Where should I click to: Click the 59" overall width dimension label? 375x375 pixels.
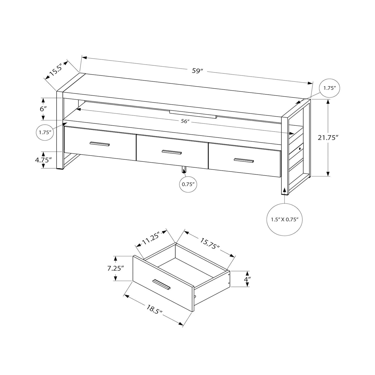point(197,71)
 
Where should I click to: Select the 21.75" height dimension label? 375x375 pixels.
point(328,137)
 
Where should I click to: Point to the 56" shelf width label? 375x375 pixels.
point(185,121)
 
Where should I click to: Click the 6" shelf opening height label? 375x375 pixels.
point(43,109)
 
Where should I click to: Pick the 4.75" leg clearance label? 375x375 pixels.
point(43,159)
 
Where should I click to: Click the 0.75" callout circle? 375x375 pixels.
point(188,184)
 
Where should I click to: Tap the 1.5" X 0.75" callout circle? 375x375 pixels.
point(285,219)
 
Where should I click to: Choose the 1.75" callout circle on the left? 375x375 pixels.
point(45,132)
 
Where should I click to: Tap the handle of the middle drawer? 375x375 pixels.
point(172,152)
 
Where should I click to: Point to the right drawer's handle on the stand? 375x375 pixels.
point(244,160)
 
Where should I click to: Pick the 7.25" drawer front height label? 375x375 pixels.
point(115,268)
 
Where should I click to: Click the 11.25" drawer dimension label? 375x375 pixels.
point(151,238)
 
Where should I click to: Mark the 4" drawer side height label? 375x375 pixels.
point(247,279)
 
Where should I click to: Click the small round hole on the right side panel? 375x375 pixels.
point(299,148)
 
